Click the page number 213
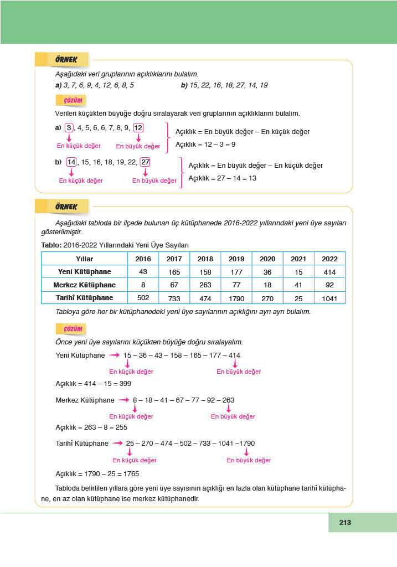(x=346, y=522)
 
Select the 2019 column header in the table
(x=236, y=259)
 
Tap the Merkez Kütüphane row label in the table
(x=84, y=285)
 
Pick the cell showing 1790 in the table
(x=236, y=298)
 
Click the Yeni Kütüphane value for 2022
(x=329, y=272)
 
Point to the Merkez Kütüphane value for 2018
(x=205, y=285)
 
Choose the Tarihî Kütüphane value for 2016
(x=143, y=298)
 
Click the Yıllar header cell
(x=84, y=259)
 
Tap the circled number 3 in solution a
(x=69, y=128)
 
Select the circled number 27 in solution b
(x=145, y=162)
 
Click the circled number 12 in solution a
(x=138, y=128)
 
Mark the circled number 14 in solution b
(x=71, y=162)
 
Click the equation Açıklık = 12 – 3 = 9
(x=205, y=145)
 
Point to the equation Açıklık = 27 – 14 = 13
(x=222, y=178)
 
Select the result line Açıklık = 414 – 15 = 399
(x=94, y=383)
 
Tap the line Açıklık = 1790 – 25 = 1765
(x=97, y=474)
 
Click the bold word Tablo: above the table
(x=51, y=245)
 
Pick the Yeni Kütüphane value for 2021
(x=298, y=272)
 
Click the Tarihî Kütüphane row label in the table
(x=84, y=298)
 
